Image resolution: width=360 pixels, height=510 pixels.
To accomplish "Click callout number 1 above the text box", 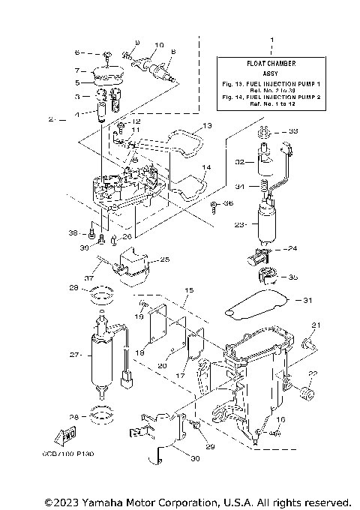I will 271,38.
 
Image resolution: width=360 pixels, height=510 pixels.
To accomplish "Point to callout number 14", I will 207,167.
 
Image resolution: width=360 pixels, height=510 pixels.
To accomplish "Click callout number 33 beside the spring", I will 293,131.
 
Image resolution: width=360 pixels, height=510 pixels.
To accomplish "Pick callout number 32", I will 238,161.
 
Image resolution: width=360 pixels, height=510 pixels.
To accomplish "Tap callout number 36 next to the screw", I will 228,203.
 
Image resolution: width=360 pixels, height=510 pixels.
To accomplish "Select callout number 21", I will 316,325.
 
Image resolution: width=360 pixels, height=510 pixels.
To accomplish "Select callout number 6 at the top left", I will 77,53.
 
